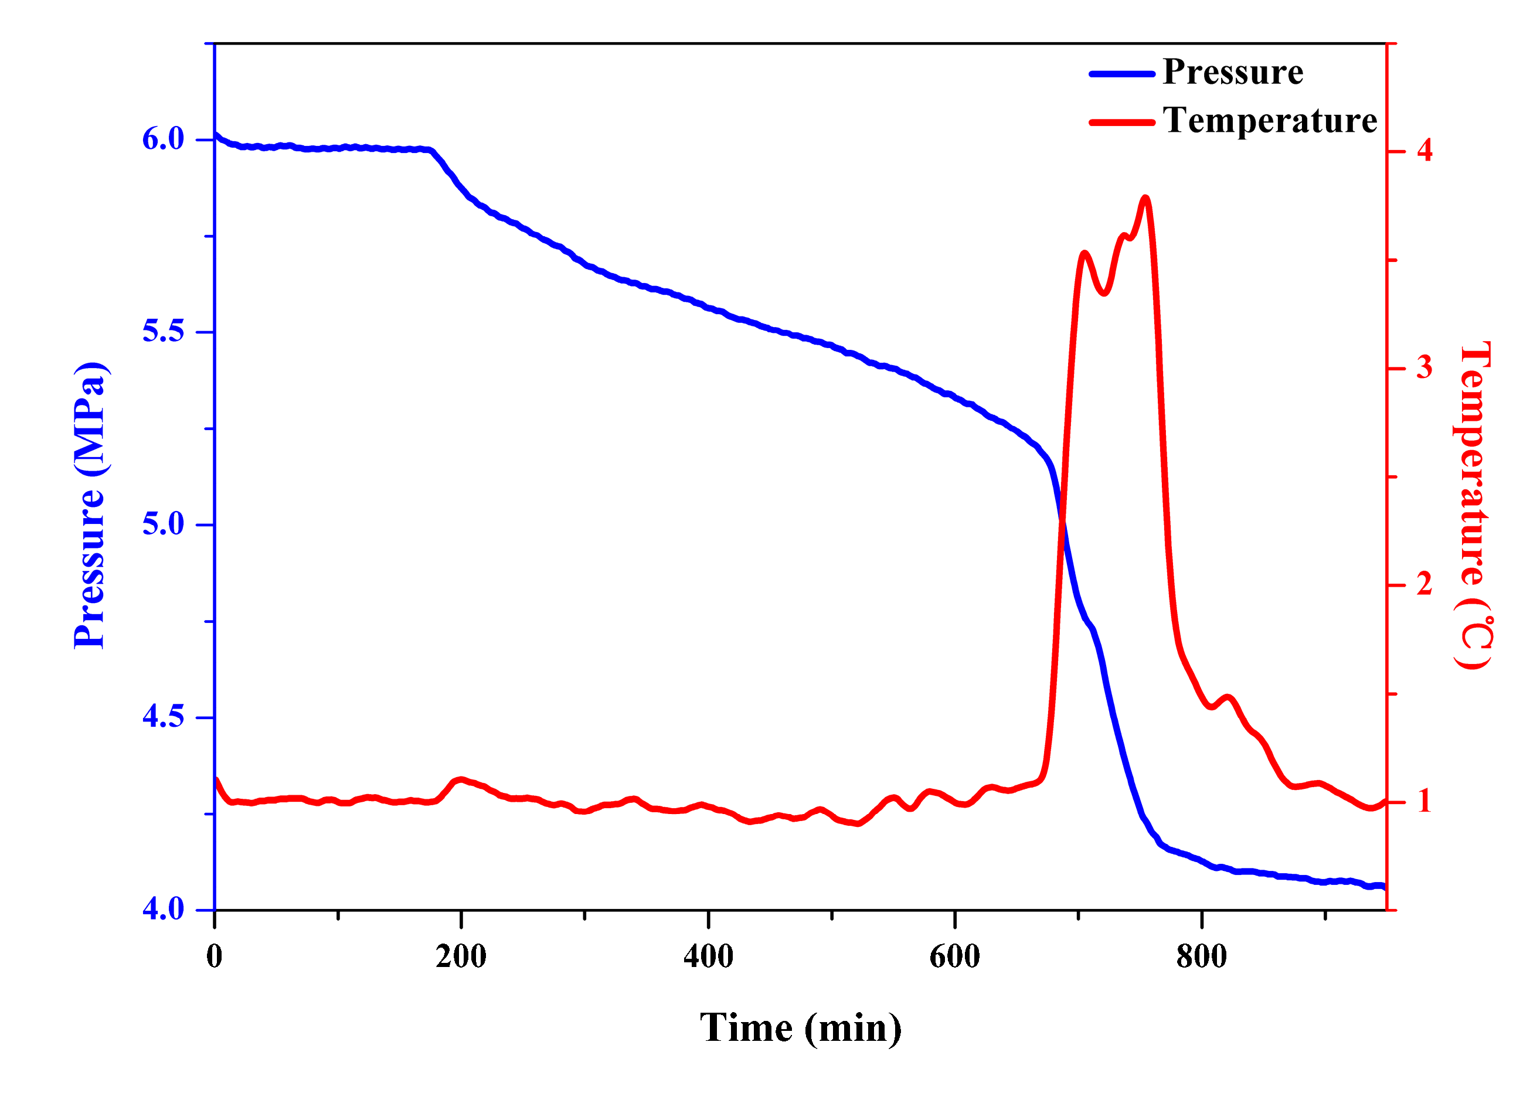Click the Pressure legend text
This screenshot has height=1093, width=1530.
1232,72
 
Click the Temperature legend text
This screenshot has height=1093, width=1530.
1270,121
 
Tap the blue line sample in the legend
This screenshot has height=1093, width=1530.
1121,73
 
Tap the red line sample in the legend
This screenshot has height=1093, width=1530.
1121,122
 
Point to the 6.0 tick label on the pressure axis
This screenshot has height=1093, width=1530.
163,139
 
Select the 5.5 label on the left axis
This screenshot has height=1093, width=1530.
163,331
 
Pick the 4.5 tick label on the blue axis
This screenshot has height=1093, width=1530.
163,716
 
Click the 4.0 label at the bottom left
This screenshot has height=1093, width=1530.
163,908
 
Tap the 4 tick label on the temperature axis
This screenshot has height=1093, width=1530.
1424,150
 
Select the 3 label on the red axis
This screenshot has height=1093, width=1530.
1424,367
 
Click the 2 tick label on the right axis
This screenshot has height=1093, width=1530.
1424,584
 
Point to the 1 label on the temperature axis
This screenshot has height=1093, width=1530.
1424,802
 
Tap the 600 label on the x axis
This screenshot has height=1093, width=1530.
954,956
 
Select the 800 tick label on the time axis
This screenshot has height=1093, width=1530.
1202,956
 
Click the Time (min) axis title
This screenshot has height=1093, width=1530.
800,1028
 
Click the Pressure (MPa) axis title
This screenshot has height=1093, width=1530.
90,505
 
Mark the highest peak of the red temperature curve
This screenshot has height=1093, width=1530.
1145,198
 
